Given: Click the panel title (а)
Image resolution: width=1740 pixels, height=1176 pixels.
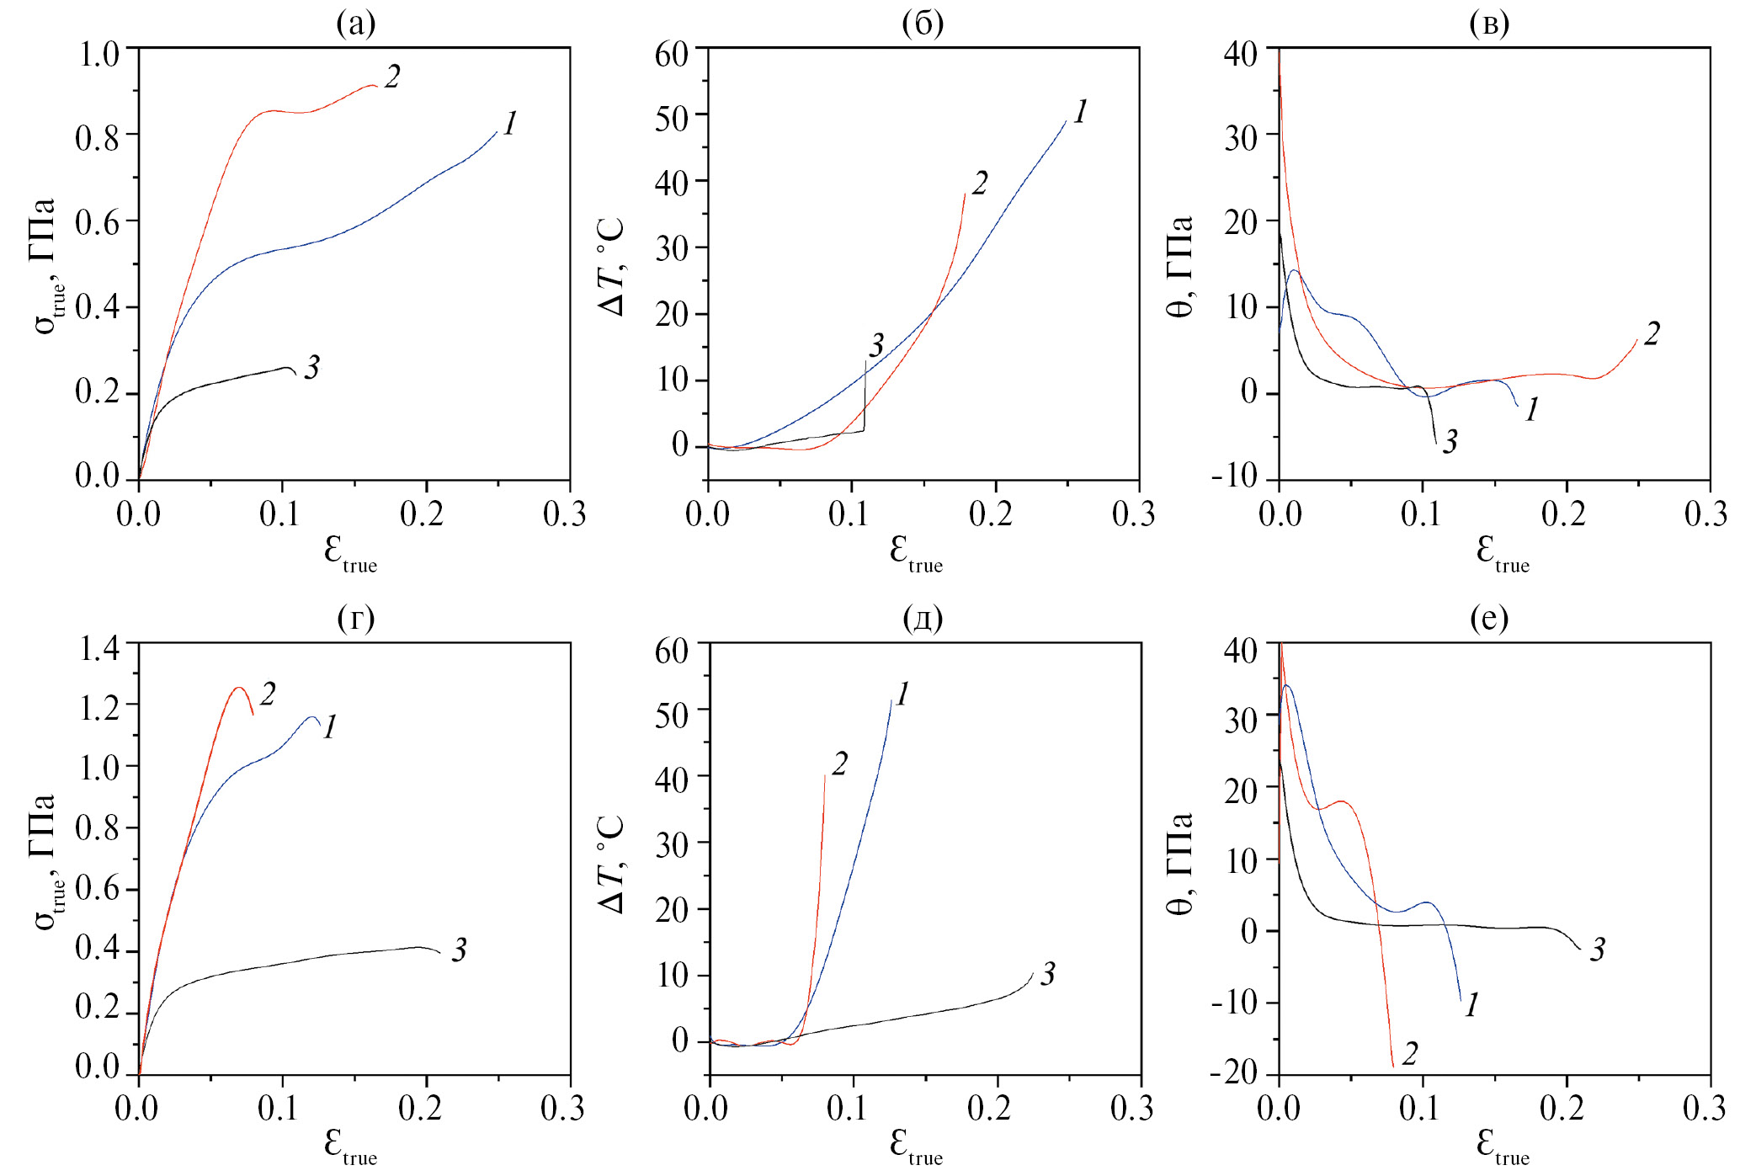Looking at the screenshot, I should click(x=355, y=24).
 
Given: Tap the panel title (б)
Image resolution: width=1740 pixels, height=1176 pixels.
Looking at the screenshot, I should click(x=923, y=24).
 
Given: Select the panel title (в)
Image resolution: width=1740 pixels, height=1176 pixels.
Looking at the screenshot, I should click(x=1489, y=24).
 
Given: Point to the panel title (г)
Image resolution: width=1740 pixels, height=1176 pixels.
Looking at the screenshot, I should click(x=355, y=619).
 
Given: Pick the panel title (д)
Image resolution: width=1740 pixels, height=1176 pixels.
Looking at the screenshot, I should click(x=923, y=619).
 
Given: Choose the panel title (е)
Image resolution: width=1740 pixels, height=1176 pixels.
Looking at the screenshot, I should click(x=1489, y=619).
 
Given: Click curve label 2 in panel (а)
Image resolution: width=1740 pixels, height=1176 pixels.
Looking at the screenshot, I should click(x=392, y=77).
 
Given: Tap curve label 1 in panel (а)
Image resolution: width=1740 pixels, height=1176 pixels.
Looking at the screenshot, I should click(x=509, y=123).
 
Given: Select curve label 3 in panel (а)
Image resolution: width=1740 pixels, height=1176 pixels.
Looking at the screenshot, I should click(x=312, y=367).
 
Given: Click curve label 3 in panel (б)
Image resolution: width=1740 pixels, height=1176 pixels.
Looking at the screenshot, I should click(x=876, y=344).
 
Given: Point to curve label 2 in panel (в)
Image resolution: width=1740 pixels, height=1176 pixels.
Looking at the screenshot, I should click(x=1652, y=333).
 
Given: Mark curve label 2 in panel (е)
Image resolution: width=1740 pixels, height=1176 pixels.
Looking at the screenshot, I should click(x=1410, y=1053).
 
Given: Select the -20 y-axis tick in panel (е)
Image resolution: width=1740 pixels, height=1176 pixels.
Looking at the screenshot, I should click(x=1234, y=1072).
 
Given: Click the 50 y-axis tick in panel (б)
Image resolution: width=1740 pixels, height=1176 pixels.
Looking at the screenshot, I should click(x=671, y=117).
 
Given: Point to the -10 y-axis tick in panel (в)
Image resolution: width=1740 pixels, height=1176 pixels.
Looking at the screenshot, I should click(x=1234, y=476).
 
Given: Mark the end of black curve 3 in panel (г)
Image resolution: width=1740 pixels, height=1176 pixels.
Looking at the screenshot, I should click(x=440, y=953).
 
